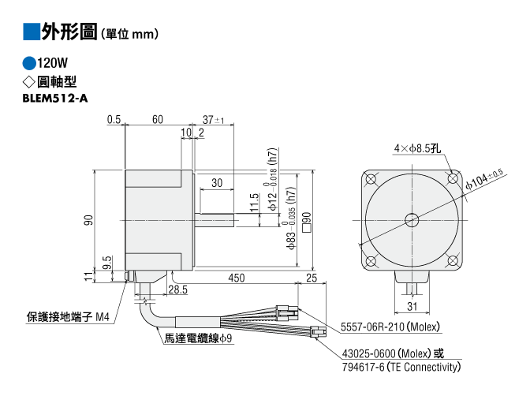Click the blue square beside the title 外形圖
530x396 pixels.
pyautogui.click(x=32, y=32)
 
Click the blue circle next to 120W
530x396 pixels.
pyautogui.click(x=29, y=63)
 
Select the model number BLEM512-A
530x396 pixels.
pyautogui.click(x=55, y=98)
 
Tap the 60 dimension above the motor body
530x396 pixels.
pyautogui.click(x=158, y=119)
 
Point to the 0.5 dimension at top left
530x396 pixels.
pyautogui.click(x=114, y=119)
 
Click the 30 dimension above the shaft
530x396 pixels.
pyautogui.click(x=217, y=183)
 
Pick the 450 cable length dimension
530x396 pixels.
pyautogui.click(x=237, y=278)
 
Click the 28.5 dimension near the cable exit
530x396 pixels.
pyautogui.click(x=177, y=290)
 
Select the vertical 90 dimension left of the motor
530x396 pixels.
pyautogui.click(x=88, y=220)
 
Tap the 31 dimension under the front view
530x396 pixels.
pyautogui.click(x=412, y=306)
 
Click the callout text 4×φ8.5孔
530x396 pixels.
pyautogui.click(x=417, y=148)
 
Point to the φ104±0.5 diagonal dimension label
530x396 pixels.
pyautogui.click(x=484, y=178)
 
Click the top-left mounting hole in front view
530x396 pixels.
pyautogui.click(x=371, y=179)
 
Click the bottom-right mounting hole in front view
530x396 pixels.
pyautogui.click(x=453, y=261)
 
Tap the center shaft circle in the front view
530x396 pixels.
pyautogui.click(x=412, y=220)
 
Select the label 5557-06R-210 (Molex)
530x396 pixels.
pyautogui.click(x=390, y=327)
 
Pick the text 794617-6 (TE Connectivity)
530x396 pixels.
pyautogui.click(x=401, y=367)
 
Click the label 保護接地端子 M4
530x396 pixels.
pyautogui.click(x=68, y=317)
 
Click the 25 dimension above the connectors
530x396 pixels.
pyautogui.click(x=312, y=278)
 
